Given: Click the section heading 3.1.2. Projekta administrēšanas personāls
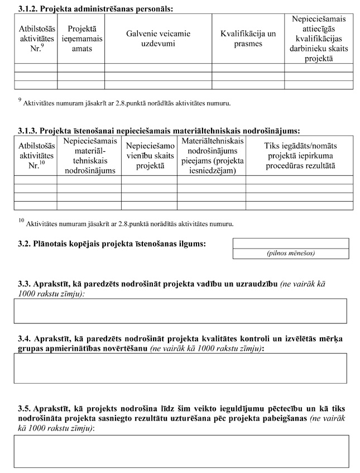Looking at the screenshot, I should point(95,9).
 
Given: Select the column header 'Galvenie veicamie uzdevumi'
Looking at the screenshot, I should point(158,39).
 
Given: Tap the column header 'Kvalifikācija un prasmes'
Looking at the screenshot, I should point(248,39).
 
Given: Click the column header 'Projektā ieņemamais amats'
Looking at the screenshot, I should point(81,39).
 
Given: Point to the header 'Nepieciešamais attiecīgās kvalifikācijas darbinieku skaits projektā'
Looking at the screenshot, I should point(318,39).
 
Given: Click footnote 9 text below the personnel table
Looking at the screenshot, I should point(124,103).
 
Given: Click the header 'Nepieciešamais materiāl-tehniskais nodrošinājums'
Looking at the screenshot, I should point(89,156).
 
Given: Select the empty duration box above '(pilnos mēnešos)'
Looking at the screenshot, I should point(290,243).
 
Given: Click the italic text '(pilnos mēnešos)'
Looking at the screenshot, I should point(290,253).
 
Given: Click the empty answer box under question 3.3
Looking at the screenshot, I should point(180,311).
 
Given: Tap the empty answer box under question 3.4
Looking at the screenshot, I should point(180,368).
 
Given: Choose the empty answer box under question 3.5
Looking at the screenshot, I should point(180,451).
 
